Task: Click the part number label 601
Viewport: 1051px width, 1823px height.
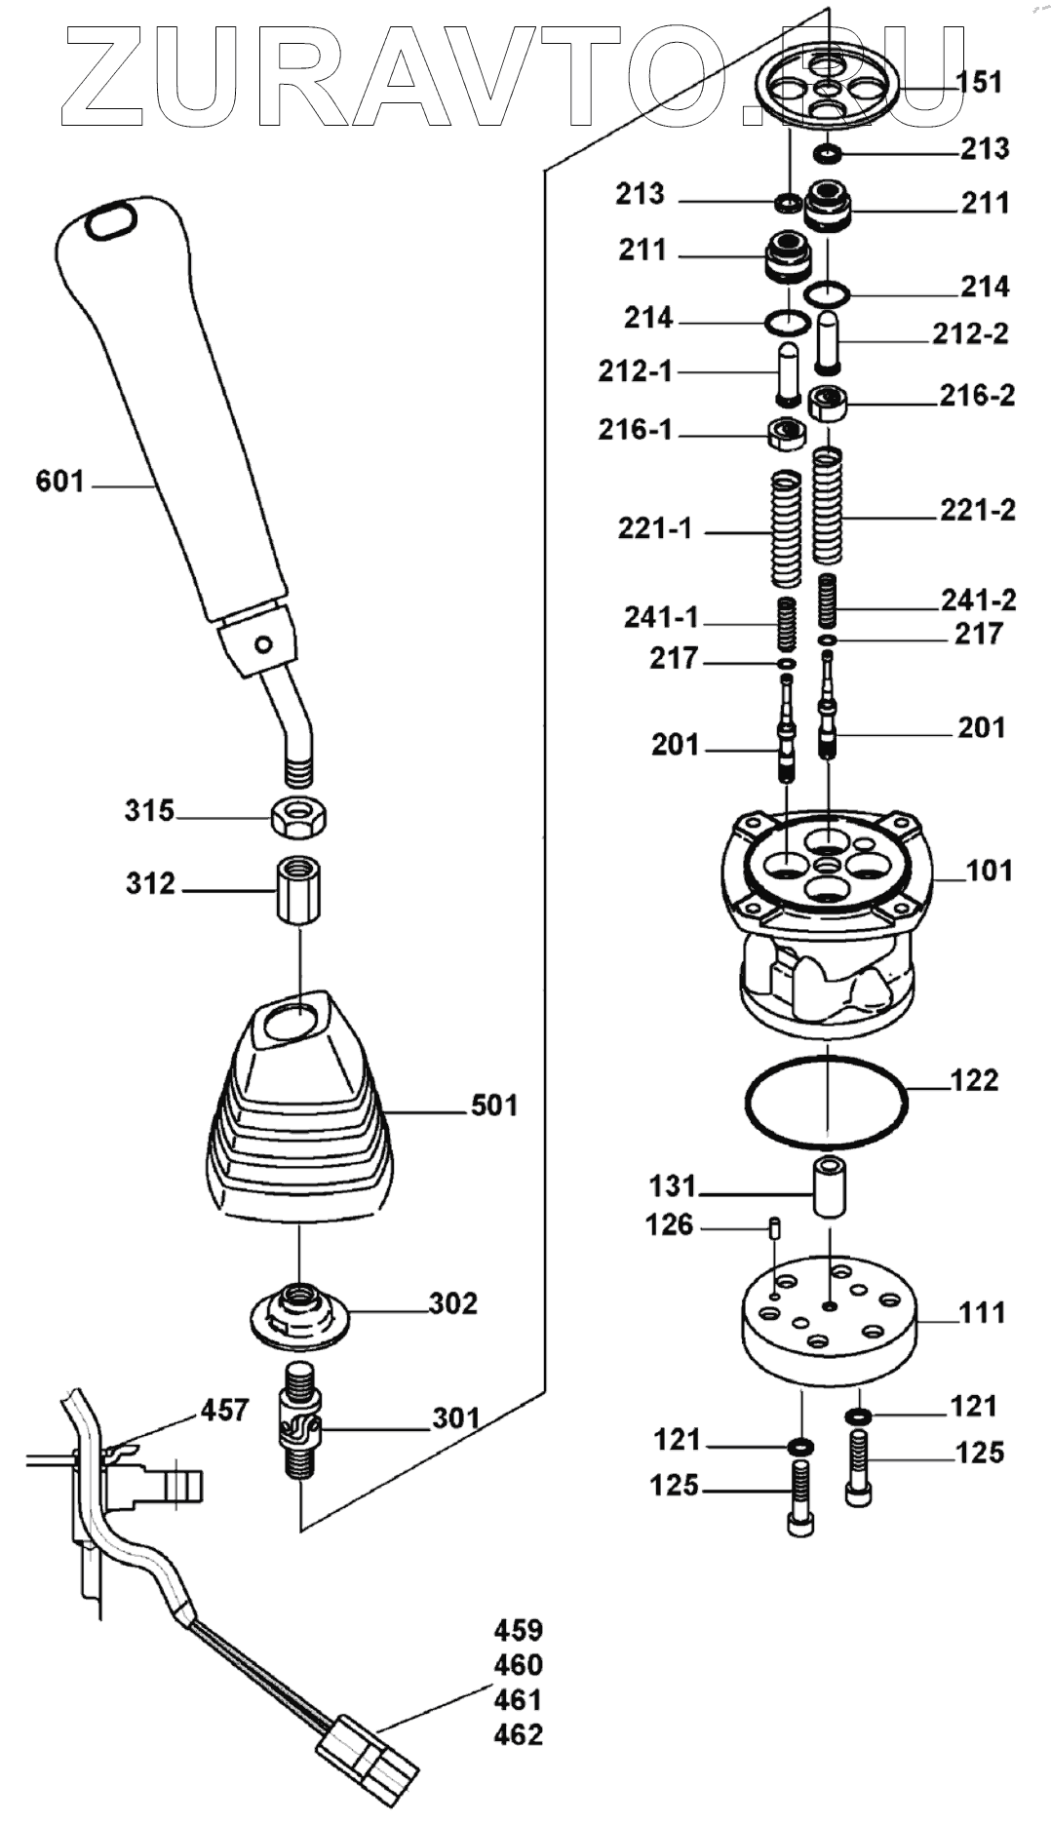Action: pyautogui.click(x=59, y=482)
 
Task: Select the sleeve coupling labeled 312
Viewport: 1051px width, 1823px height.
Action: pyautogui.click(x=298, y=890)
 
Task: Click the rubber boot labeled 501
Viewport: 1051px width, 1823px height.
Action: pyautogui.click(x=298, y=1121)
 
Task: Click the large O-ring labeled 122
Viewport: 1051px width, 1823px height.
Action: pyautogui.click(x=826, y=1102)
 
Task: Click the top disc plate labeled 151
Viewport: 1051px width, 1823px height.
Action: pyautogui.click(x=827, y=87)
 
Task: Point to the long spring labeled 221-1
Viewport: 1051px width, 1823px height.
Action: pyautogui.click(x=786, y=529)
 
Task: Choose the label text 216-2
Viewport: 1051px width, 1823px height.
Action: pyautogui.click(x=976, y=395)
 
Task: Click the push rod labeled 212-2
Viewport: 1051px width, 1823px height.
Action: pyautogui.click(x=829, y=341)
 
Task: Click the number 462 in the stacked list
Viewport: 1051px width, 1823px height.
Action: pyautogui.click(x=518, y=1735)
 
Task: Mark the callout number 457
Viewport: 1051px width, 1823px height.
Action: pyautogui.click(x=225, y=1410)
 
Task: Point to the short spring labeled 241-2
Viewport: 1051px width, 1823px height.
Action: pyautogui.click(x=828, y=601)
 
